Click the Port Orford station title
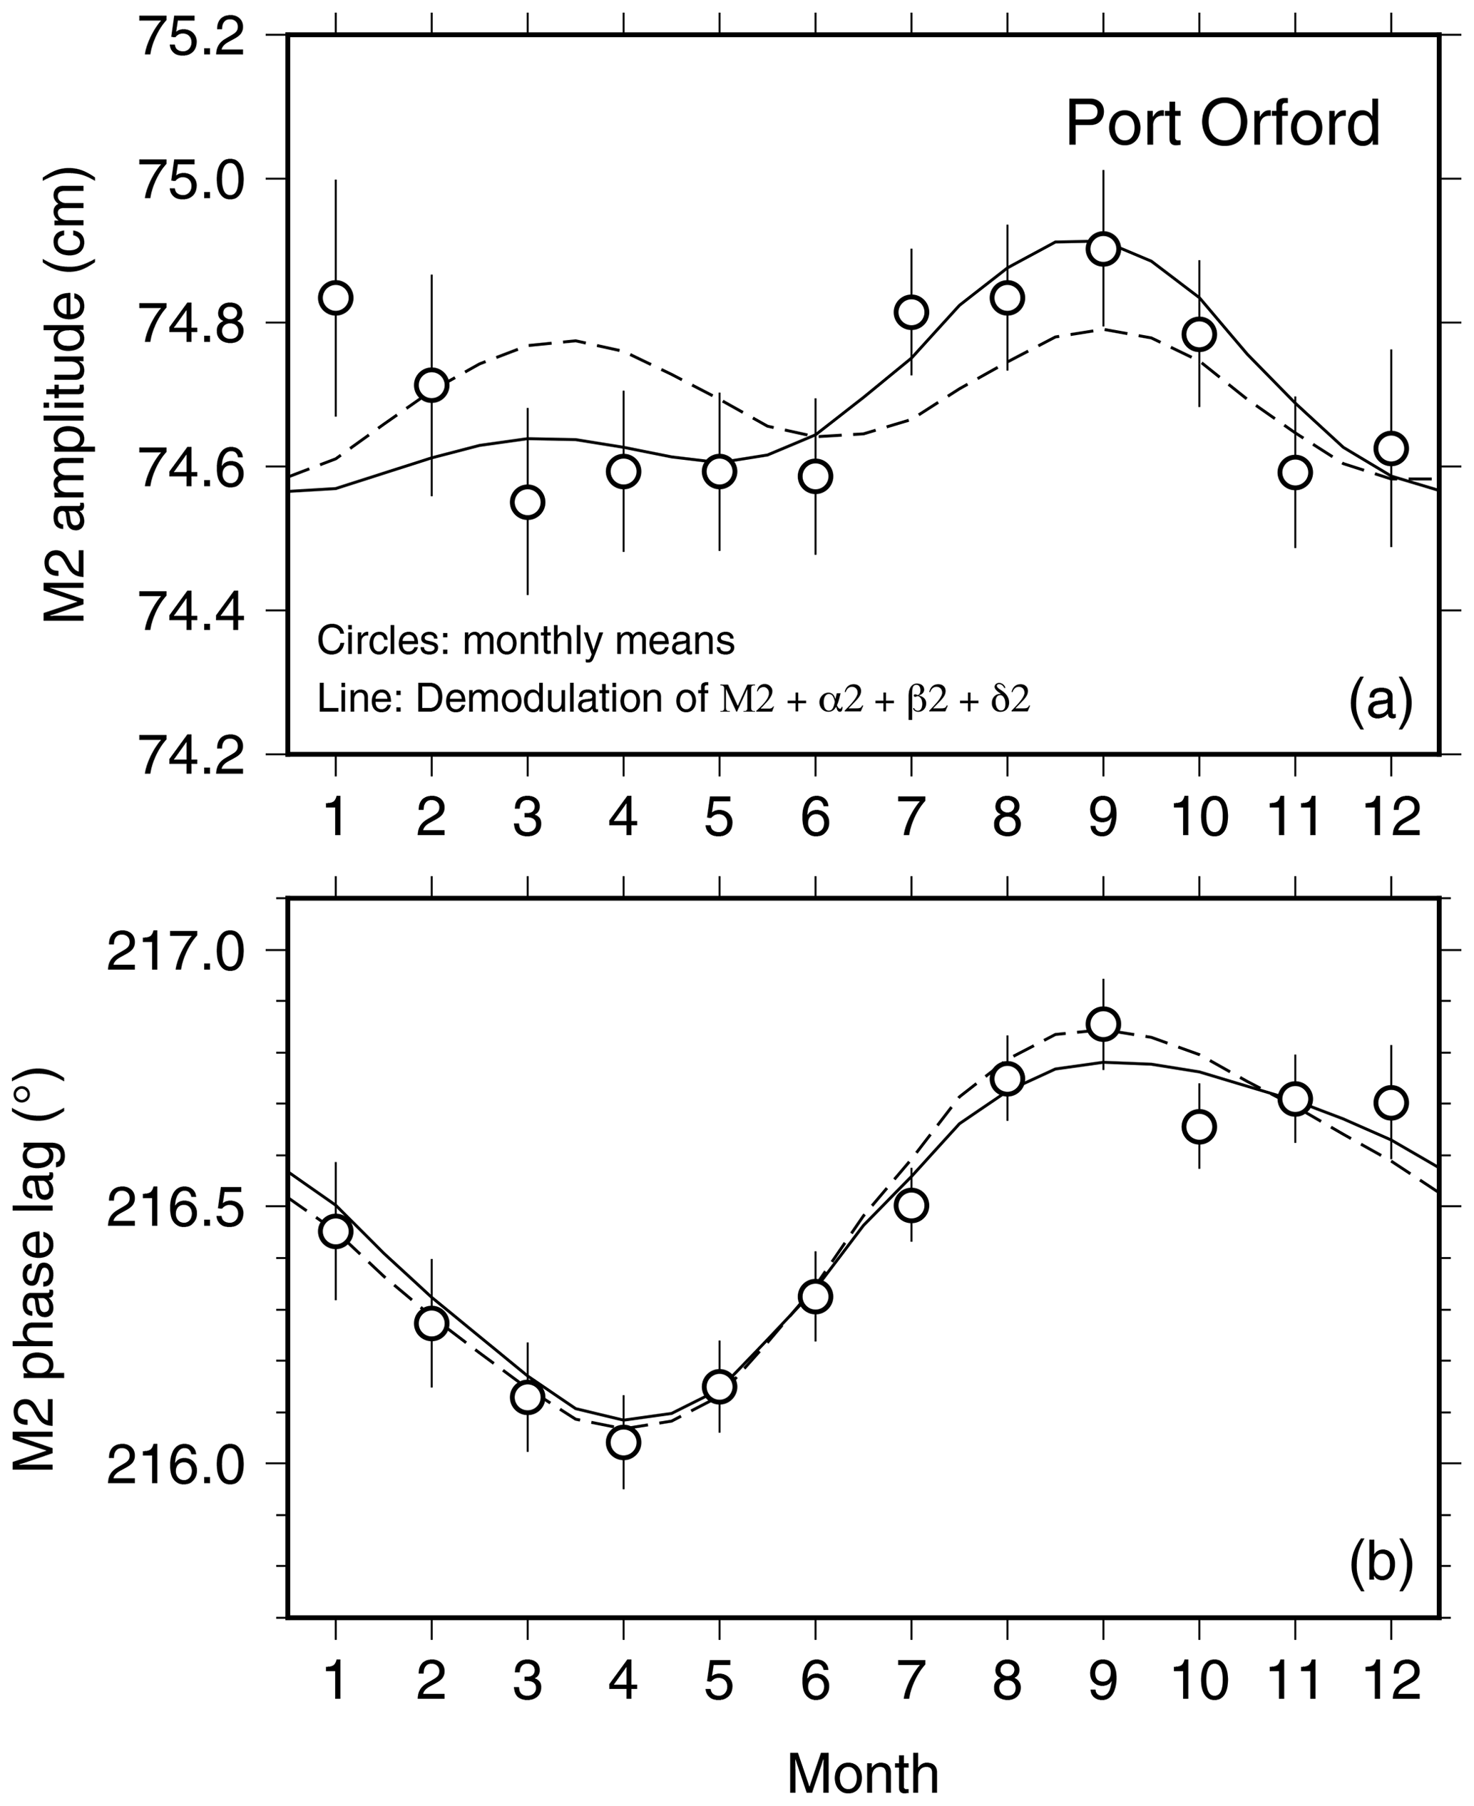(x=1223, y=124)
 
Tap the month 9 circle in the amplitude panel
(x=1103, y=249)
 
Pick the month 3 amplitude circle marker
(x=527, y=502)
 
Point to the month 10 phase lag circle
(x=1199, y=1126)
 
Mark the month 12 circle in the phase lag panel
(x=1391, y=1102)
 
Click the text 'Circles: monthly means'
(x=526, y=641)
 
